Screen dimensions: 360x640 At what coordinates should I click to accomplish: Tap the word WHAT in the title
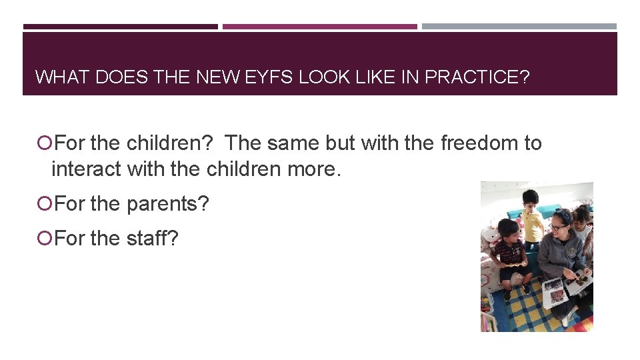click(63, 77)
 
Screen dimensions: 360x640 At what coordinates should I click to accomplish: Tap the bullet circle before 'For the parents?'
click(44, 204)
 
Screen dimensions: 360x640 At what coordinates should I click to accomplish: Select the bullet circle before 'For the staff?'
click(44, 238)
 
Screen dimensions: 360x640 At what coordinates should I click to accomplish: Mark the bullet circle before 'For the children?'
click(44, 143)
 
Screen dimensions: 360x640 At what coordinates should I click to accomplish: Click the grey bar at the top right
click(519, 27)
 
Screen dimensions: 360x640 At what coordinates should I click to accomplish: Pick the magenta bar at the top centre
click(320, 27)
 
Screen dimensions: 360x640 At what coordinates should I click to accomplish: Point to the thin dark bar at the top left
click(120, 27)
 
